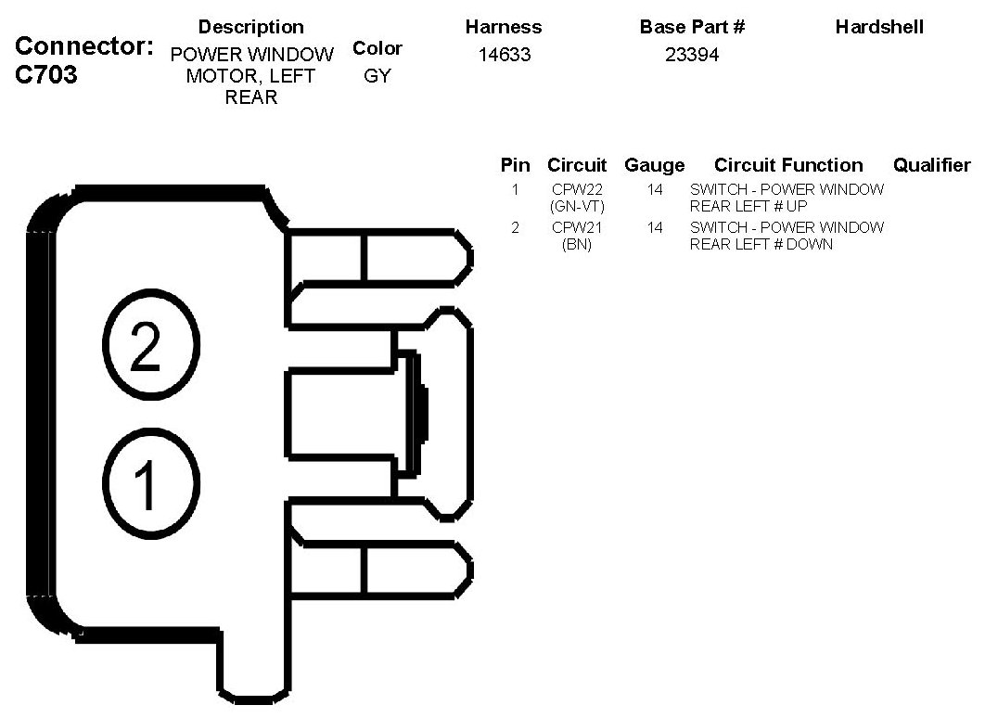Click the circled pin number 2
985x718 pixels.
click(150, 347)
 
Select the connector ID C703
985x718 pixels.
click(47, 75)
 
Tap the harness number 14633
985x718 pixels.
click(504, 55)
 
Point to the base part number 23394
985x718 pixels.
click(692, 55)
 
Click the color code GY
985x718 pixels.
click(377, 76)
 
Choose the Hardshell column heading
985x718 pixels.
click(879, 27)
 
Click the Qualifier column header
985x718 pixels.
click(931, 165)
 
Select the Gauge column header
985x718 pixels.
click(655, 165)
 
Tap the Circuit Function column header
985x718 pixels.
click(788, 165)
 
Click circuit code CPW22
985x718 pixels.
click(577, 189)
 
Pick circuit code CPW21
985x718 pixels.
click(577, 227)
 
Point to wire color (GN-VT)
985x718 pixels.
click(577, 206)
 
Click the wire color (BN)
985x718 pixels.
click(577, 244)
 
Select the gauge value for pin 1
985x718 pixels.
click(655, 189)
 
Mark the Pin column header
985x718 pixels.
click(515, 165)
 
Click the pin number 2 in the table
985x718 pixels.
click(515, 227)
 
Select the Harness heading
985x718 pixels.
click(504, 27)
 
